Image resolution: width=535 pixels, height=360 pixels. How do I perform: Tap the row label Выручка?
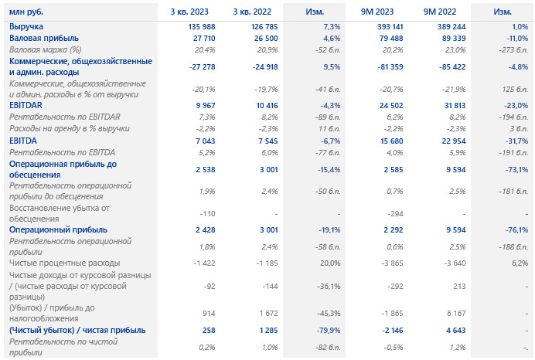[26, 27]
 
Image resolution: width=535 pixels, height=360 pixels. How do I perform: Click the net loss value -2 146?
[390, 330]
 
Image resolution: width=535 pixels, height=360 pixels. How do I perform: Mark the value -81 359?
[387, 66]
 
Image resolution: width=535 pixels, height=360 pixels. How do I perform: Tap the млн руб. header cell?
[27, 12]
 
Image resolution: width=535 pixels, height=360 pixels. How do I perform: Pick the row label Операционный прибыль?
[58, 229]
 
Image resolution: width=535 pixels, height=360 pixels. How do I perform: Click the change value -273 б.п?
[511, 49]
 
